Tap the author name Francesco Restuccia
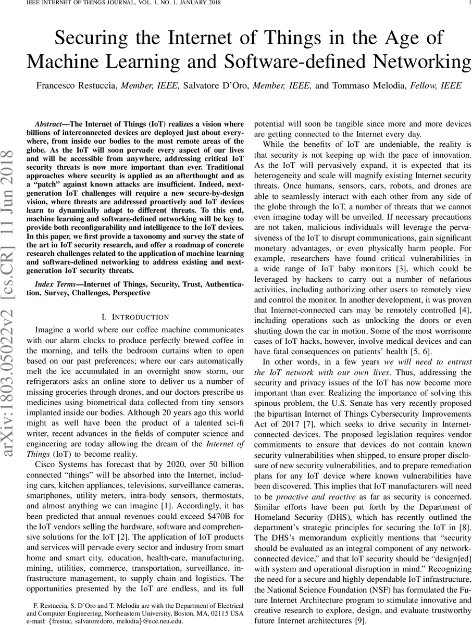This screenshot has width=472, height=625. click(72, 85)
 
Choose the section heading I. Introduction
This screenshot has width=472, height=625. click(135, 317)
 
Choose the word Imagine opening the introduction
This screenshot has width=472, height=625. click(51, 330)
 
